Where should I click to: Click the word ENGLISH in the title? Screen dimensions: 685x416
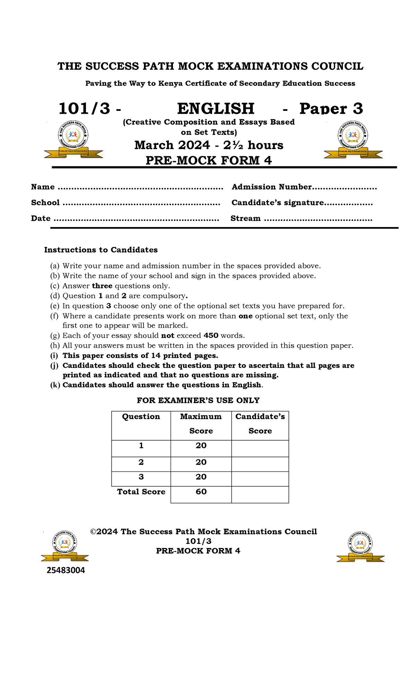216,109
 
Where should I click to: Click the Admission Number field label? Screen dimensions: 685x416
272,187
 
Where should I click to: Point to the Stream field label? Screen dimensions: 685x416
245,218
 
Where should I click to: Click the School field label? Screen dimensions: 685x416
45,202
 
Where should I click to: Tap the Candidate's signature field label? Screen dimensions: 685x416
277,202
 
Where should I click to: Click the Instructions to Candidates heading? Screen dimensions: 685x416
101,250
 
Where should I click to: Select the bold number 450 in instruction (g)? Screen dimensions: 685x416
211,336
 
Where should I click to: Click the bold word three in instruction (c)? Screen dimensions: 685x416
102,286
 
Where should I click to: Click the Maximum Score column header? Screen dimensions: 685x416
201,424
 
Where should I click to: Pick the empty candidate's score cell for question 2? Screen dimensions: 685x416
260,464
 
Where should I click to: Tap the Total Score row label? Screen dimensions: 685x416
141,492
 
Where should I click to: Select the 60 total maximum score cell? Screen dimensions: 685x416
201,492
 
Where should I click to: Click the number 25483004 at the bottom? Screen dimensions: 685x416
66,571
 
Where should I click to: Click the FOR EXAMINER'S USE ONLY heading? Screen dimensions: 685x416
198,400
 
